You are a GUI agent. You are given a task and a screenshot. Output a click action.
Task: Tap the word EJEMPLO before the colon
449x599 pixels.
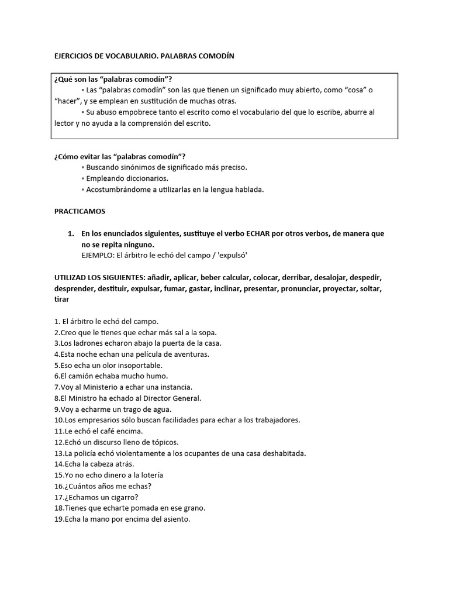tap(99, 255)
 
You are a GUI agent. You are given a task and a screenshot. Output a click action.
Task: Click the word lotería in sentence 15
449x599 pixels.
tap(149, 475)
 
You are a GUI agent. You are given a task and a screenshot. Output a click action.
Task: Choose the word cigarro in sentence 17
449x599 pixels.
tap(119, 497)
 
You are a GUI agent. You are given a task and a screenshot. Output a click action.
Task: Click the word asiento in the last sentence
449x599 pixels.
tap(174, 519)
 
